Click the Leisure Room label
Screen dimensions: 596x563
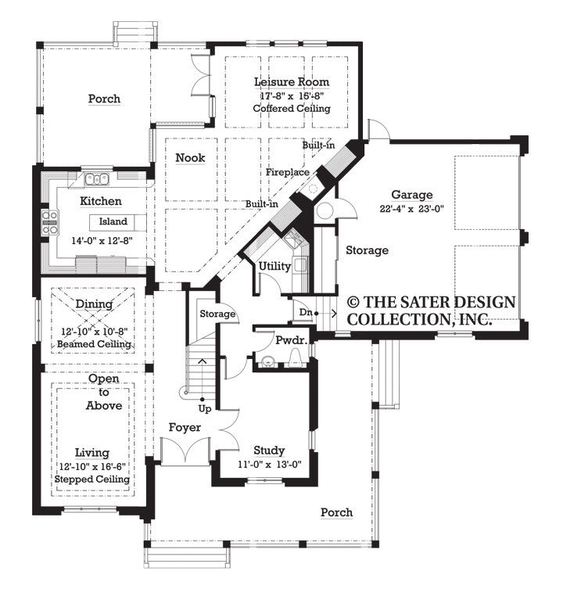click(x=292, y=81)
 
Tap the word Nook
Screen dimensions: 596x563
click(x=190, y=157)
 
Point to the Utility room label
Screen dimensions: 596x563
click(x=274, y=266)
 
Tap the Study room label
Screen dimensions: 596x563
click(x=269, y=451)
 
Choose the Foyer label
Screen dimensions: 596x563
click(x=185, y=428)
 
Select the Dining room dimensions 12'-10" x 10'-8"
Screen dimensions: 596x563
click(x=94, y=331)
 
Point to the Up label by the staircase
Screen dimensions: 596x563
click(x=203, y=408)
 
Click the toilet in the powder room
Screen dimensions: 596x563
click(x=296, y=359)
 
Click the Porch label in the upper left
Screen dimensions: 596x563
click(x=104, y=99)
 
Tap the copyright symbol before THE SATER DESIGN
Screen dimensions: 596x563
click(x=353, y=301)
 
